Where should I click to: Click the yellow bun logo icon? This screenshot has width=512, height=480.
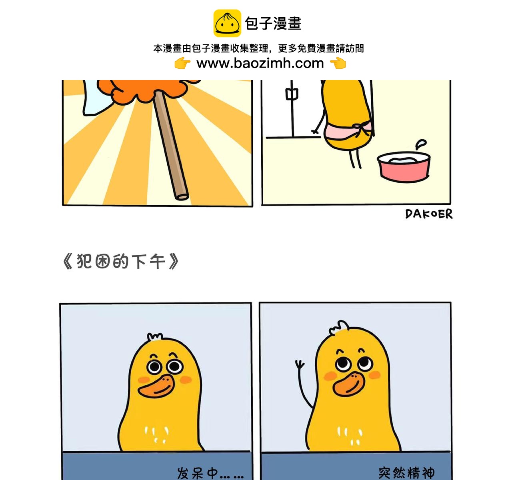(x=227, y=23)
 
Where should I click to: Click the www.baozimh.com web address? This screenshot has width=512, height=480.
(x=260, y=63)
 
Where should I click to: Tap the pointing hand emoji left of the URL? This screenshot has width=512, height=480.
(x=182, y=63)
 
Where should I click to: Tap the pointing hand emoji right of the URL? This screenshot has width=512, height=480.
(x=338, y=63)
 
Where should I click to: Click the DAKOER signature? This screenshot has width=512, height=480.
(x=428, y=214)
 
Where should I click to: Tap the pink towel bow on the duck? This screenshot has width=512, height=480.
(x=363, y=129)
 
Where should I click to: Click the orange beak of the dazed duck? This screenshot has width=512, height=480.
(x=157, y=386)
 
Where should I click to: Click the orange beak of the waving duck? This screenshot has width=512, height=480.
(x=349, y=384)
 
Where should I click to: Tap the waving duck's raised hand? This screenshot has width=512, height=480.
(x=299, y=365)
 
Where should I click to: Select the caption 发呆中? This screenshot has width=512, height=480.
(x=210, y=473)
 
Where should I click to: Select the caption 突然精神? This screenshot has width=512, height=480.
(x=406, y=473)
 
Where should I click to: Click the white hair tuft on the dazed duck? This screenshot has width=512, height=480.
(x=155, y=337)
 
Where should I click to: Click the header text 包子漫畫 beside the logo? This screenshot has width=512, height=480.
(x=273, y=24)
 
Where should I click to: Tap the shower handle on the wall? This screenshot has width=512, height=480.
(x=291, y=94)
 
